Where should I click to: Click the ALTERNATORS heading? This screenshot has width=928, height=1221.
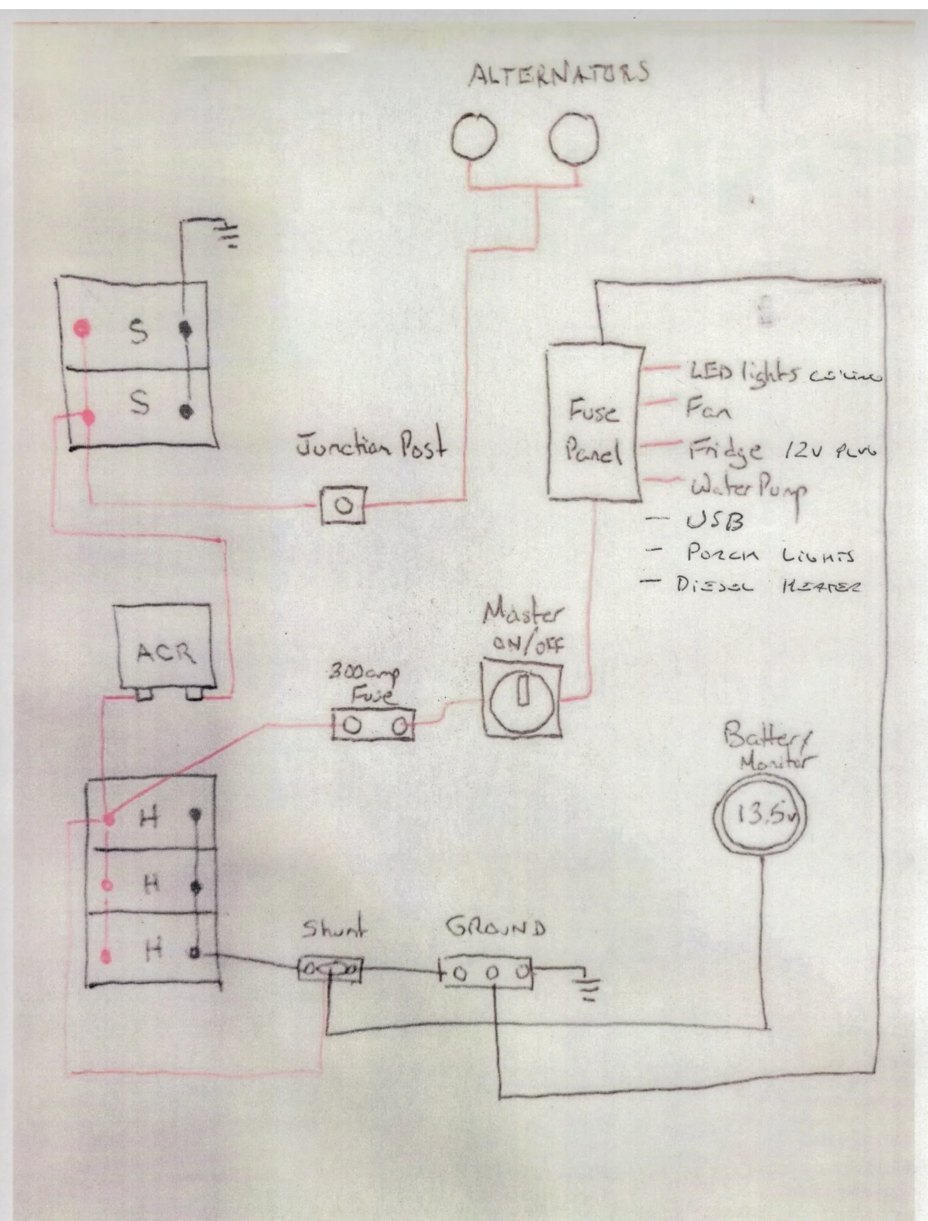click(x=559, y=74)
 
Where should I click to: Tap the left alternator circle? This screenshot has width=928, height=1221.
click(x=474, y=137)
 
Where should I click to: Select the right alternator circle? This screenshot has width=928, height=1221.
click(x=573, y=137)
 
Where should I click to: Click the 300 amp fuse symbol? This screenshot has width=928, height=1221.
click(x=373, y=726)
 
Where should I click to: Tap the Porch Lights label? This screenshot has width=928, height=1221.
click(x=770, y=554)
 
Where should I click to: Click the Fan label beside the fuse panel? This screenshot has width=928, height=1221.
click(x=708, y=409)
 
